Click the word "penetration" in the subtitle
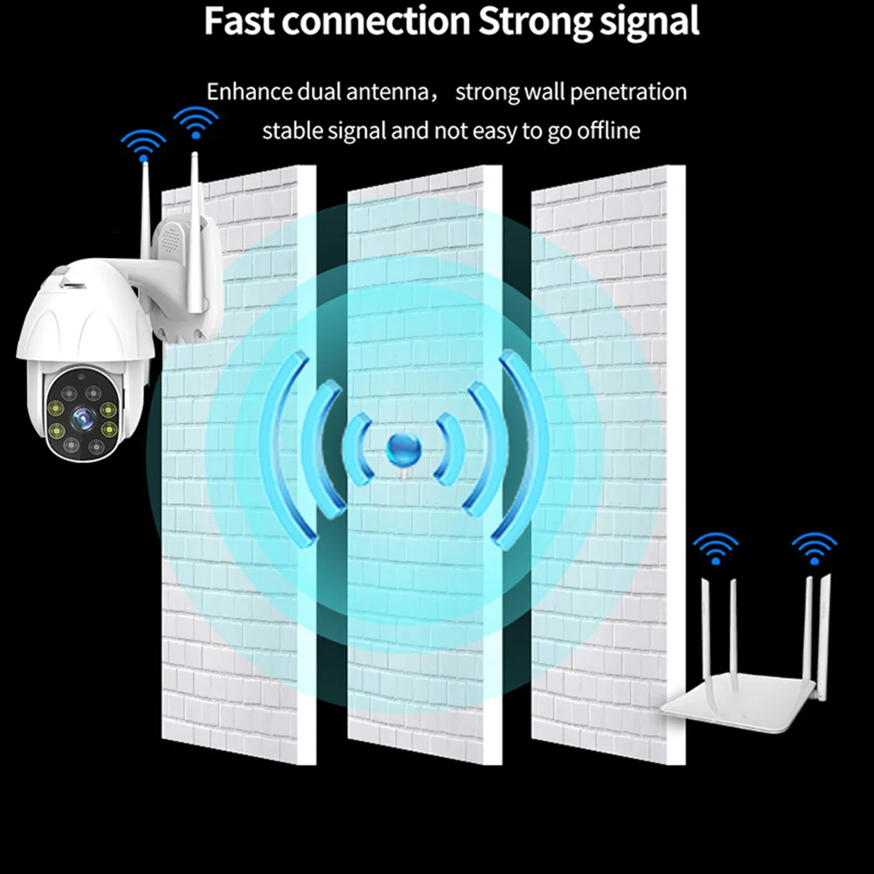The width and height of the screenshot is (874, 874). coord(624,92)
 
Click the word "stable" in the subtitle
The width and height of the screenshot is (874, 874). coord(294,131)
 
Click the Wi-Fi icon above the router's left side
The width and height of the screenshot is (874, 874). coord(715,548)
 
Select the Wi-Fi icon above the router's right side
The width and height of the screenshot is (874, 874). coord(814,548)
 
